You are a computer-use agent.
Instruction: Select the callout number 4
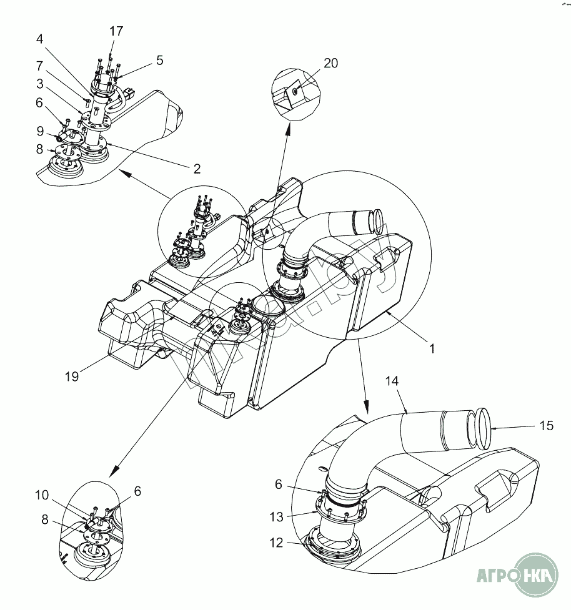click(x=39, y=39)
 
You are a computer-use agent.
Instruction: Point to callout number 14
click(x=392, y=380)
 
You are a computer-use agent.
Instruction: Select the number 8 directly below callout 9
click(x=39, y=150)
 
